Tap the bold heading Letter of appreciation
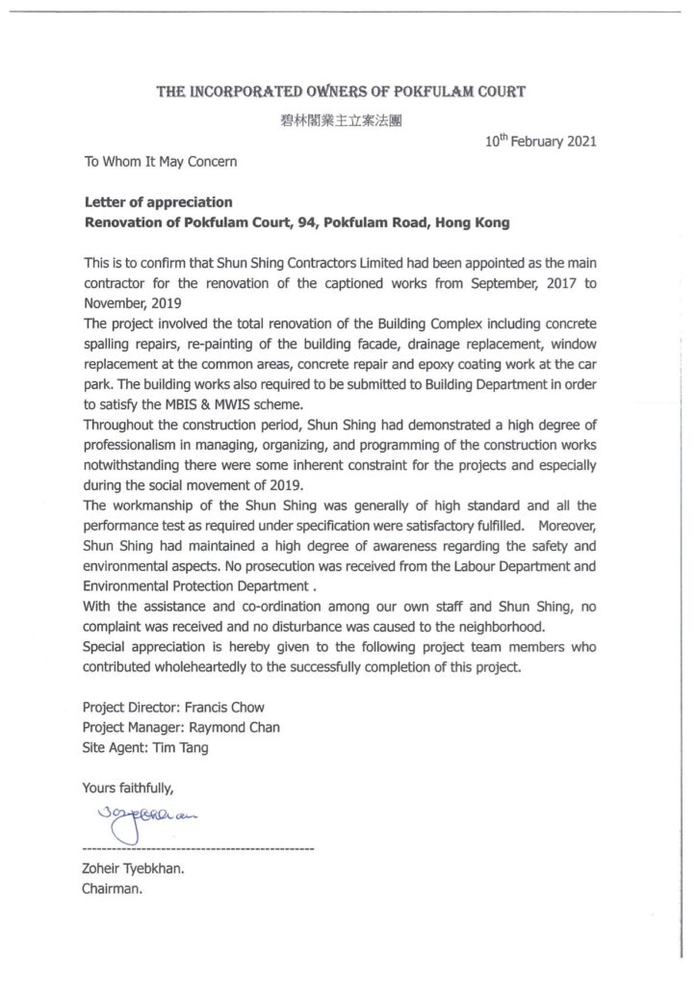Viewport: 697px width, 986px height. tap(159, 203)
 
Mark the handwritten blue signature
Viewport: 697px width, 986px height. tap(145, 819)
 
